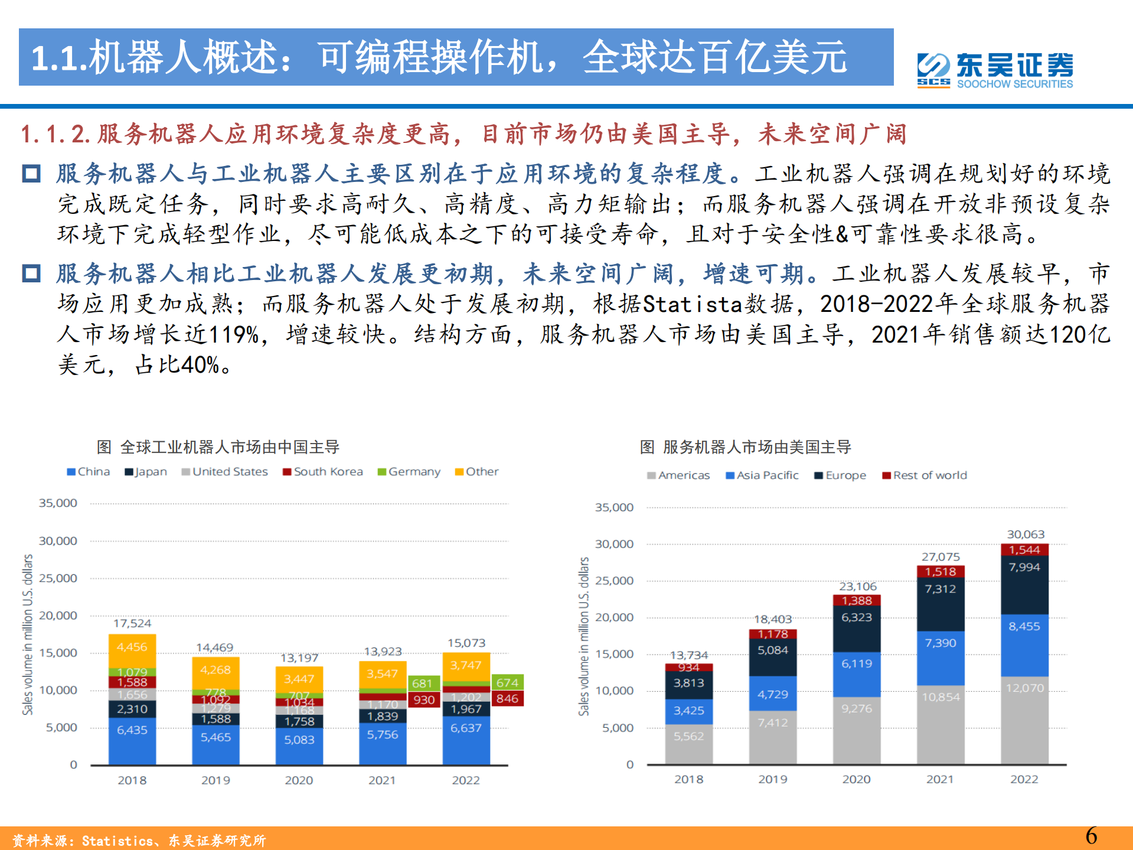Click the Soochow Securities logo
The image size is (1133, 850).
[x=995, y=70]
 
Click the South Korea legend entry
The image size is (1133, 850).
[x=323, y=472]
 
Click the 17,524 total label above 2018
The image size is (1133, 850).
[x=132, y=623]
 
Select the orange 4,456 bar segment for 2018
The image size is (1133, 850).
[x=132, y=647]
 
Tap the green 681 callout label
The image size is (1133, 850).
[x=423, y=683]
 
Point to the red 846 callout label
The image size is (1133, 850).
[x=507, y=699]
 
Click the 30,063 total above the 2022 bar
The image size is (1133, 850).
[x=1026, y=535]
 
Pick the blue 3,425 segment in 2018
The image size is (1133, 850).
[x=688, y=711]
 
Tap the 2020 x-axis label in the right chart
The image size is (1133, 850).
[x=856, y=779]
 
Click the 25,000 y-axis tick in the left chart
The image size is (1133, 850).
[x=58, y=578]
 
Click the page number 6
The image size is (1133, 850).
[x=1091, y=836]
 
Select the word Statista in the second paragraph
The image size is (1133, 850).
[x=692, y=304]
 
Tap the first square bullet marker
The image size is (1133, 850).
[x=31, y=174]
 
